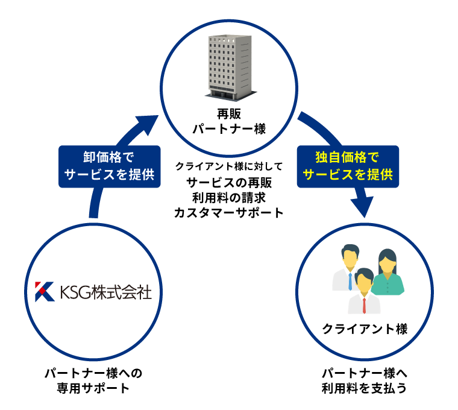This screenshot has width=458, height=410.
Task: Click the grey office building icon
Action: coord(230,66)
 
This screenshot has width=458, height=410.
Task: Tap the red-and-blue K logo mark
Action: coord(45,291)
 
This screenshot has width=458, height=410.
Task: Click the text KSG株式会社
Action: coord(105,292)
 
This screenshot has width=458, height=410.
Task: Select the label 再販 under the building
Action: coord(229,114)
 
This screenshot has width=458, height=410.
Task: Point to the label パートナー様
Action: coord(229,129)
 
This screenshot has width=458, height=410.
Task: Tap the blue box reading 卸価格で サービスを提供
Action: coord(110,166)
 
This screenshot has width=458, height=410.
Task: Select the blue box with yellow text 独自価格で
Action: coord(348,166)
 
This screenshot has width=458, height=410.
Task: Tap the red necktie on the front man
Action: coord(364,305)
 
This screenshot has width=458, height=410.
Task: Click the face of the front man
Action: coord(364,284)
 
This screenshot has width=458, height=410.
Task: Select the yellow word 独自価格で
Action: coord(348,158)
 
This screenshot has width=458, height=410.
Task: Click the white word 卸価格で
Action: coord(109,158)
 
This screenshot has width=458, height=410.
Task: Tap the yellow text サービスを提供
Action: coord(348,175)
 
